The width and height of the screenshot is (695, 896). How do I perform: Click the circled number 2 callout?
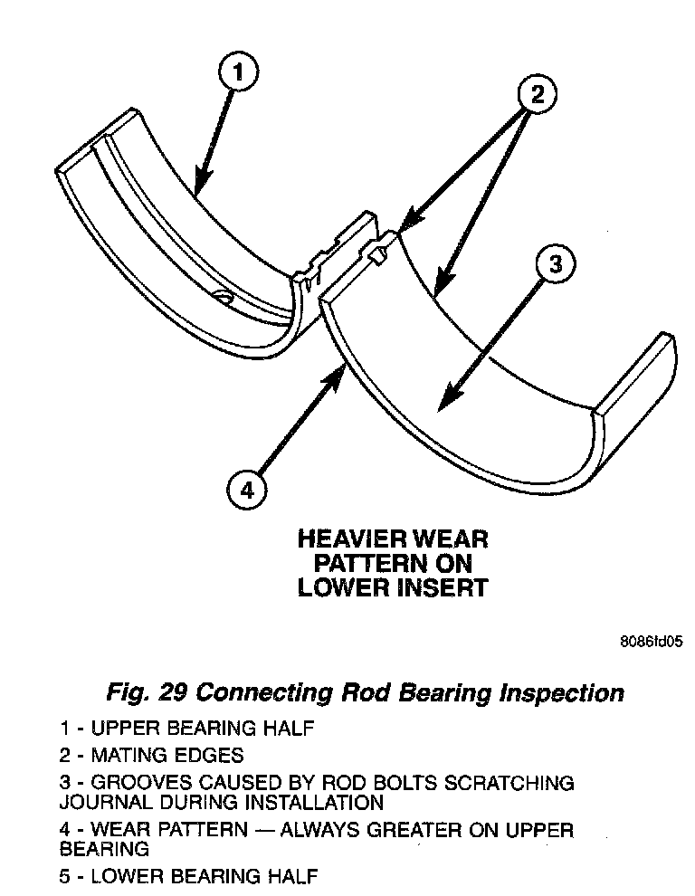pyautogui.click(x=538, y=94)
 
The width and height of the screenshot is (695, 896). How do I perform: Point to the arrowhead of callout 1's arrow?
pyautogui.click(x=196, y=191)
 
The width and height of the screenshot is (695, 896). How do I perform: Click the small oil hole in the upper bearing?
pyautogui.click(x=222, y=296)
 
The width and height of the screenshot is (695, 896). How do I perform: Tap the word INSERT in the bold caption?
pyautogui.click(x=443, y=586)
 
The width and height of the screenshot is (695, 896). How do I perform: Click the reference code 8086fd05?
pyautogui.click(x=650, y=642)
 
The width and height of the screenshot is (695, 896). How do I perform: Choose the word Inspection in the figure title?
pyautogui.click(x=561, y=694)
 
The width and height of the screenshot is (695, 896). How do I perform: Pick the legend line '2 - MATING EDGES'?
pyautogui.click(x=151, y=754)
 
